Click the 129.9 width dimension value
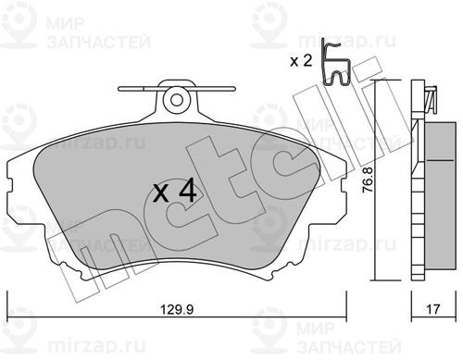(177, 309)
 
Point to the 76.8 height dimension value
(368, 180)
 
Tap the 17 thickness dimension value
(432, 309)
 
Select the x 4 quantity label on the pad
(175, 192)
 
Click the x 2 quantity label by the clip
(301, 61)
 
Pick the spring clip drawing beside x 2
(335, 63)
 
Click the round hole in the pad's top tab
(176, 100)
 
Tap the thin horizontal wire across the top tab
(177, 89)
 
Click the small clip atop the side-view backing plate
(432, 99)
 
